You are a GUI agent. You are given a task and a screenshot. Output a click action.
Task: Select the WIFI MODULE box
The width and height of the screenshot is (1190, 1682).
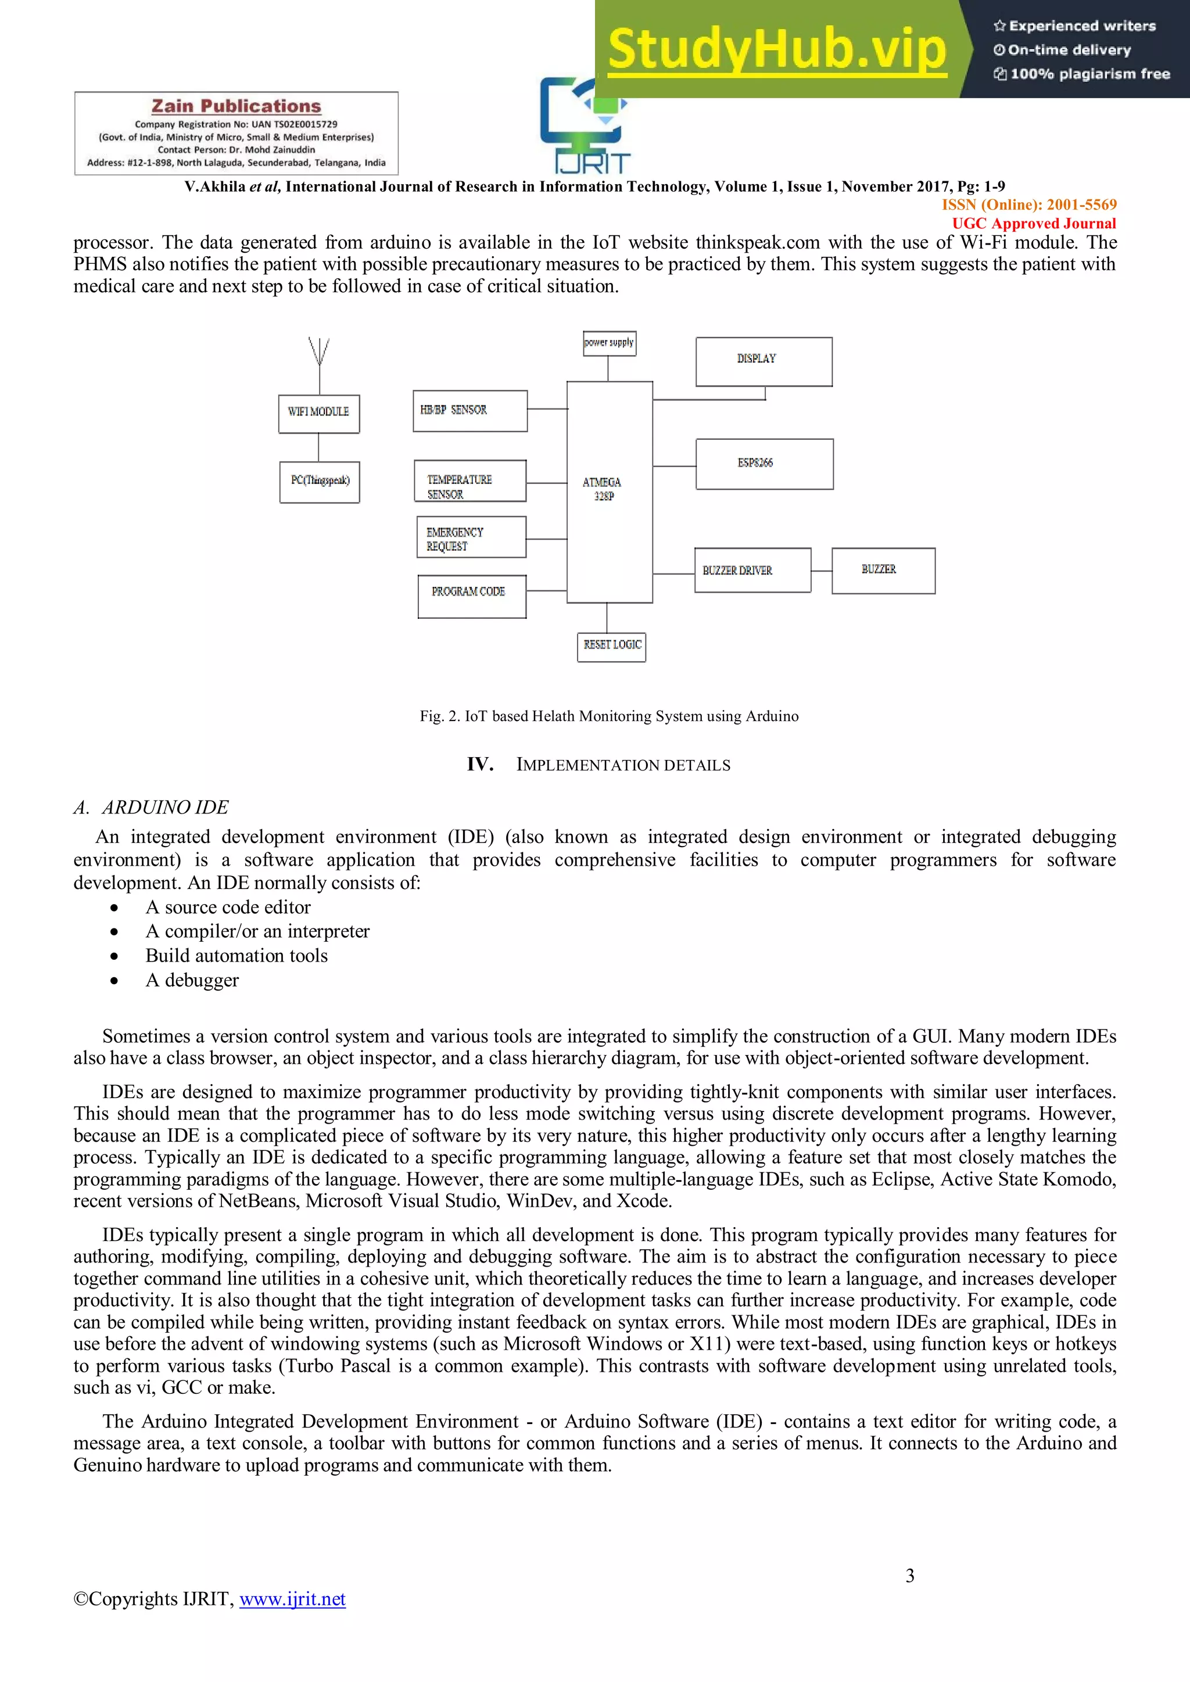(x=319, y=414)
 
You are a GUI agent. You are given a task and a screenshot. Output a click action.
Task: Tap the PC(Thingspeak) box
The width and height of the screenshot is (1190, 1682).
(x=320, y=481)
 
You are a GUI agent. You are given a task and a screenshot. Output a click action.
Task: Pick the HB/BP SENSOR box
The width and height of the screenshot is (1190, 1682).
(x=469, y=410)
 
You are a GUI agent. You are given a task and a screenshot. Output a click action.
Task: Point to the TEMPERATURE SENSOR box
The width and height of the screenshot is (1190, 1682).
(x=469, y=480)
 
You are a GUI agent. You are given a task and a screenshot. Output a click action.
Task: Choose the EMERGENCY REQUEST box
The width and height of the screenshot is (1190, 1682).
(x=471, y=537)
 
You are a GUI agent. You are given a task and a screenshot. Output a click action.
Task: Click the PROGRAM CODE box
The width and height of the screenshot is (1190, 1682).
(x=472, y=596)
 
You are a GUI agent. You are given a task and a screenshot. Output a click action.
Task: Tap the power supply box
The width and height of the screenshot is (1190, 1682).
(x=609, y=343)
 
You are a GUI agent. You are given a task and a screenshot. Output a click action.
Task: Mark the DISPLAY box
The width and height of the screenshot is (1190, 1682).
(x=764, y=361)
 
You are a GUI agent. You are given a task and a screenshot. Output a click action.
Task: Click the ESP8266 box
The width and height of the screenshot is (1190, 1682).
(x=764, y=464)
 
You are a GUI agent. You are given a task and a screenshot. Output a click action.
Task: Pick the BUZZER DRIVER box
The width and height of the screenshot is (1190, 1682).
(x=752, y=570)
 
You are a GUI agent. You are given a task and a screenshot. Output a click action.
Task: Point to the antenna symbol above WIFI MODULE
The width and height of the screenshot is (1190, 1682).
(x=319, y=352)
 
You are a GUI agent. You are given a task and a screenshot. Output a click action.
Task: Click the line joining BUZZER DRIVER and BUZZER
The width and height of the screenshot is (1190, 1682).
(x=822, y=571)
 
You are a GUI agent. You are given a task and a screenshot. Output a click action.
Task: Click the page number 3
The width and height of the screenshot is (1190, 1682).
(x=909, y=1575)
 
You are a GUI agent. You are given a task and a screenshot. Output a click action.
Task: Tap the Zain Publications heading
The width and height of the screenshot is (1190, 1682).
(x=236, y=106)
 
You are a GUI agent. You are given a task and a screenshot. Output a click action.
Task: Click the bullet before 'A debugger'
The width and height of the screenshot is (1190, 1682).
(x=114, y=980)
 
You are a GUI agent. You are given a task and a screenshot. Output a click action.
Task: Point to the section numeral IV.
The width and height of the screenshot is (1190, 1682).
(x=480, y=764)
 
